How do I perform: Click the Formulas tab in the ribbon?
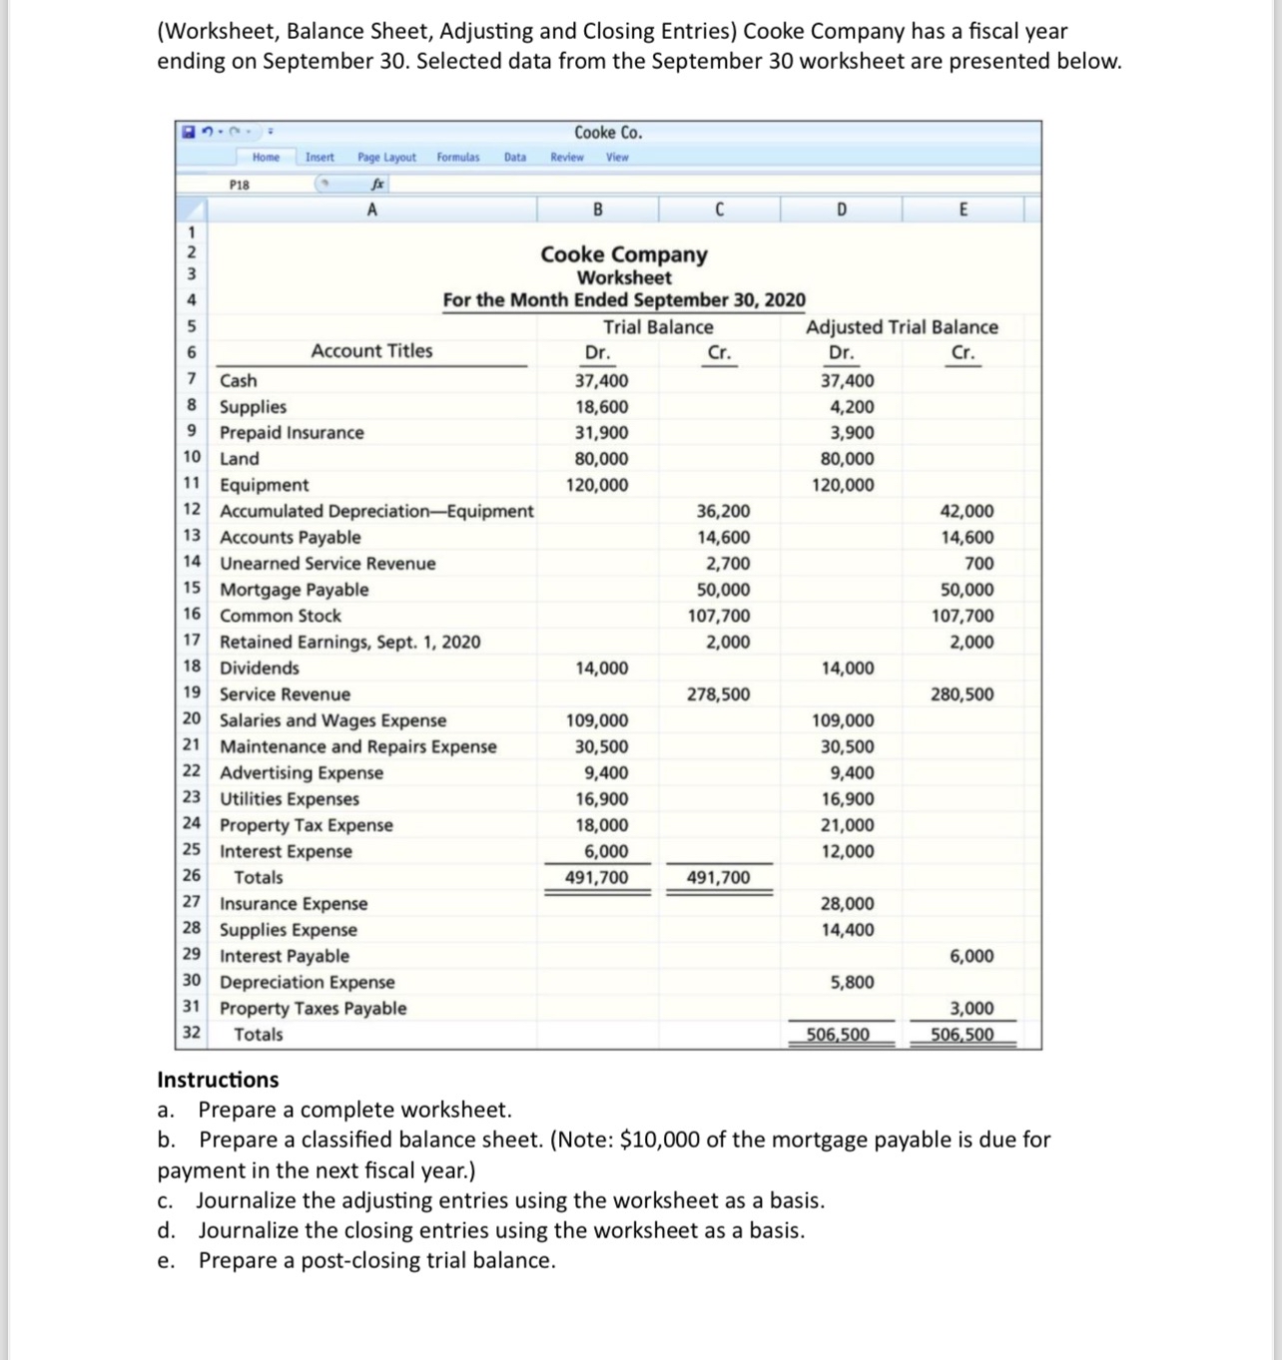457,158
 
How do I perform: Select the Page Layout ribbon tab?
386,158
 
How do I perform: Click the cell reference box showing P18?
240,185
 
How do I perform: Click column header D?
841,210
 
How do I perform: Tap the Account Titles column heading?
371,351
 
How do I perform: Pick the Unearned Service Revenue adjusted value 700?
978,564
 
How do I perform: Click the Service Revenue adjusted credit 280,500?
961,694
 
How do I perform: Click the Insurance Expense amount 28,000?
847,904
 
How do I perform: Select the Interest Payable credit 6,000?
970,956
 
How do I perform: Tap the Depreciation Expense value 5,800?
852,982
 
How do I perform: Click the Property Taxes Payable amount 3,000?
970,1009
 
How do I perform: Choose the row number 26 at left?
192,876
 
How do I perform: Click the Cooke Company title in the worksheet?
624,254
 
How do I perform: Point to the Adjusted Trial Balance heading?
902,327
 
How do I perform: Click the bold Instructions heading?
218,1080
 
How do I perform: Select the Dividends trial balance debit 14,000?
601,669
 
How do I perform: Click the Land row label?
239,459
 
